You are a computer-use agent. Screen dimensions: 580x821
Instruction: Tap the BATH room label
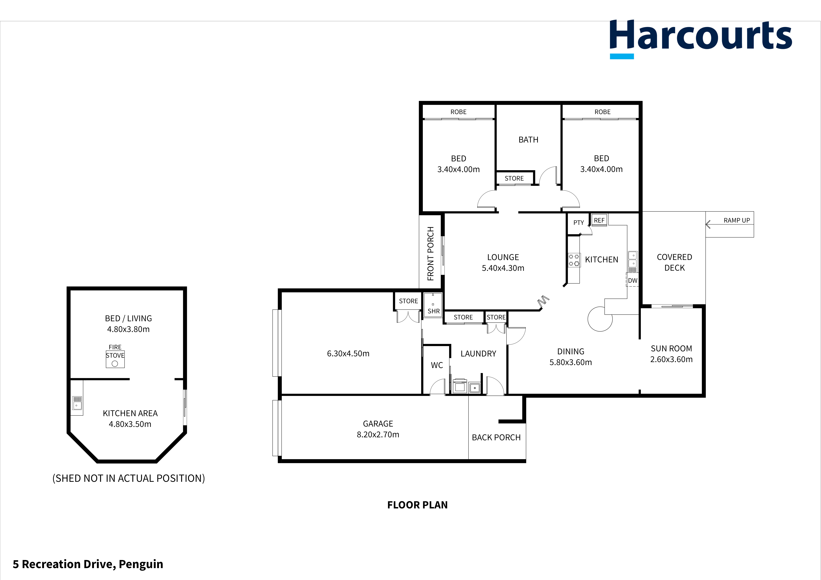[528, 140]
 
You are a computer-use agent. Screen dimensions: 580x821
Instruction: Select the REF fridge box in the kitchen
[599, 220]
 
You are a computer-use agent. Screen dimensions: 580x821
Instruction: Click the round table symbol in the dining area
[600, 319]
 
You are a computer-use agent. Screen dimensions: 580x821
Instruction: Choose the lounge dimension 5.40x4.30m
[503, 268]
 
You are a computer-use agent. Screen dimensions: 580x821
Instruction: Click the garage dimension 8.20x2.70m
[378, 435]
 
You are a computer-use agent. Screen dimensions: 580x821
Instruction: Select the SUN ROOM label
[671, 348]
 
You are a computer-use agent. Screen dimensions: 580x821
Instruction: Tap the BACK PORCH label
[496, 437]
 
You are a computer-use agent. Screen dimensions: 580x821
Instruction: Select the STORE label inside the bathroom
[514, 178]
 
